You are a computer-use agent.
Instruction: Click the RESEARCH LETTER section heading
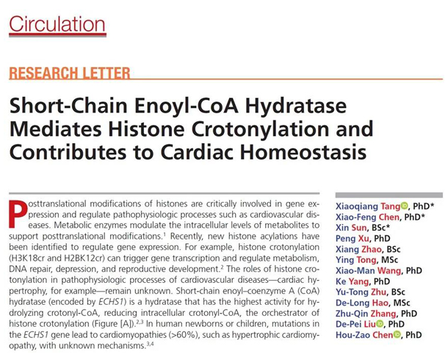[70, 73]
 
